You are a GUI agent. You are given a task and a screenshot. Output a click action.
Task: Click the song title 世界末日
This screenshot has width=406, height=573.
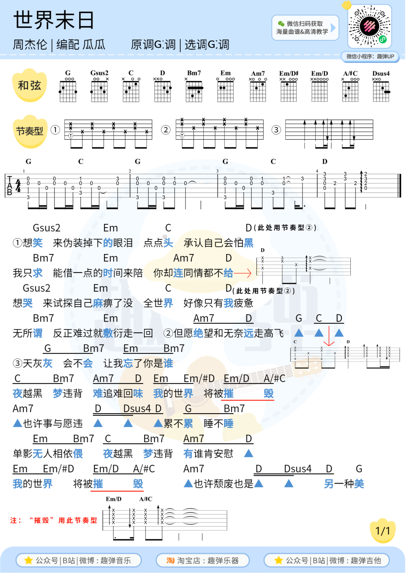(x=54, y=20)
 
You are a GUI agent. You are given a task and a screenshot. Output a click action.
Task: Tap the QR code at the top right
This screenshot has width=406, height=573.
(x=370, y=26)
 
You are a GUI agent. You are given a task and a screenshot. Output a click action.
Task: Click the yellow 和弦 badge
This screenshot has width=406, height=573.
(x=30, y=85)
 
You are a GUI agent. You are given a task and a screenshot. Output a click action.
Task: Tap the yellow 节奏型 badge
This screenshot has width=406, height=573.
(x=30, y=131)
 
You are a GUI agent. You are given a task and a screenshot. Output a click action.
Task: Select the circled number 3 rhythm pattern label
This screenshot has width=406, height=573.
(x=276, y=130)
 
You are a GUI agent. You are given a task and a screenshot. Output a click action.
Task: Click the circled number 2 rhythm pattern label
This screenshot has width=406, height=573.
(x=165, y=130)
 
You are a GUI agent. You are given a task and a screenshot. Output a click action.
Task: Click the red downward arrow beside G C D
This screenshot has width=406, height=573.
(x=329, y=336)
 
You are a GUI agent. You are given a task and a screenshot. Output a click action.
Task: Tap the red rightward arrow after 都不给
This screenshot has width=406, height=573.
(x=242, y=273)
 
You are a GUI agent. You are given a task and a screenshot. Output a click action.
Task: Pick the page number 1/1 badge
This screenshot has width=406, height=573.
(x=383, y=531)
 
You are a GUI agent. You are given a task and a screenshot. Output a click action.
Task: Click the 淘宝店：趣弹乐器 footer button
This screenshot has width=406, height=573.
(x=203, y=560)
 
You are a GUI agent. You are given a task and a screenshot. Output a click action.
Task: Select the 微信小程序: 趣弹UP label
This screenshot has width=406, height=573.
(x=370, y=56)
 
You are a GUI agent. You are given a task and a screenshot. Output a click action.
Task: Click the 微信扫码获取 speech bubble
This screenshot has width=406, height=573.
(x=305, y=27)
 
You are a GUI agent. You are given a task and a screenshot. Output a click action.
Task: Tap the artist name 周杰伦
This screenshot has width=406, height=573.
(x=30, y=45)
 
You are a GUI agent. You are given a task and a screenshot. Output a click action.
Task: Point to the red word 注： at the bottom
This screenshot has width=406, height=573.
(x=16, y=520)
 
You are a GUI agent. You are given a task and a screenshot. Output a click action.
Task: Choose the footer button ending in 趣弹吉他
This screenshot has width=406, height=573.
(x=327, y=560)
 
